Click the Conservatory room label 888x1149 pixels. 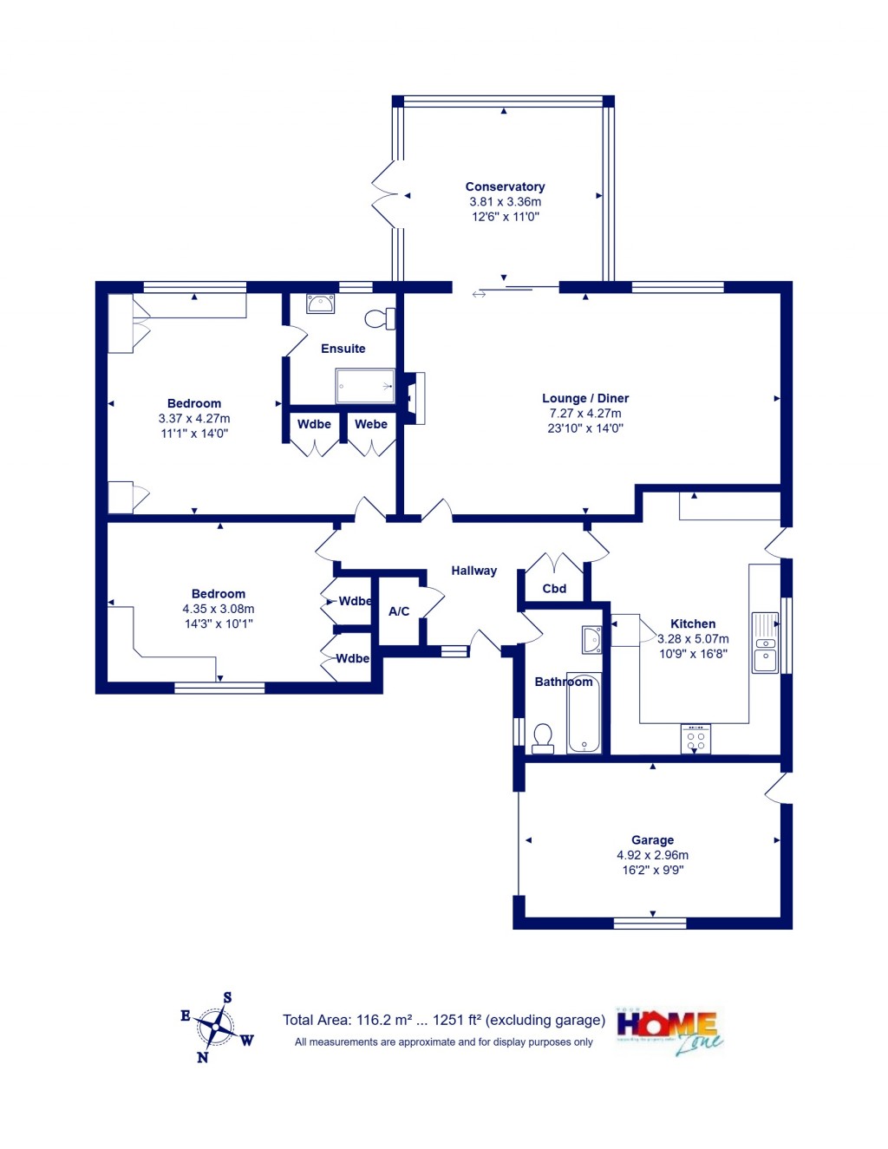pyautogui.click(x=505, y=186)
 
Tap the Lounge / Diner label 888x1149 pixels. pyautogui.click(x=585, y=398)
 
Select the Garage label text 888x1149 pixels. pyautogui.click(x=652, y=839)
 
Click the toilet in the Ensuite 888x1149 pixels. pyautogui.click(x=379, y=319)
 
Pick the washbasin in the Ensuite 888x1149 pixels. pyautogui.click(x=320, y=304)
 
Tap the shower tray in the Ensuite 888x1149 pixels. pyautogui.click(x=365, y=386)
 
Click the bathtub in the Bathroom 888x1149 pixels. pyautogui.click(x=584, y=714)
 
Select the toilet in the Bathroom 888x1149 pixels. pyautogui.click(x=543, y=738)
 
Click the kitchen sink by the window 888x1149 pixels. pyautogui.click(x=765, y=643)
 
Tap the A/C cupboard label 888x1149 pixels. pyautogui.click(x=399, y=611)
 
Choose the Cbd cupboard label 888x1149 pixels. pyautogui.click(x=554, y=588)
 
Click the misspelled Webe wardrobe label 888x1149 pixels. pyautogui.click(x=371, y=424)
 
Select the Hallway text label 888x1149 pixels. pyautogui.click(x=473, y=571)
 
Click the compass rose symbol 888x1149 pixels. pyautogui.click(x=215, y=1028)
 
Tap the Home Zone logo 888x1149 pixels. pyautogui.click(x=669, y=1031)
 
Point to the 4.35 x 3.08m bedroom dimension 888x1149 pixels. pyautogui.click(x=219, y=609)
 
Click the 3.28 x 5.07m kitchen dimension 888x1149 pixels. pyautogui.click(x=693, y=638)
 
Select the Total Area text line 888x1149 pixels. pyautogui.click(x=443, y=1020)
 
